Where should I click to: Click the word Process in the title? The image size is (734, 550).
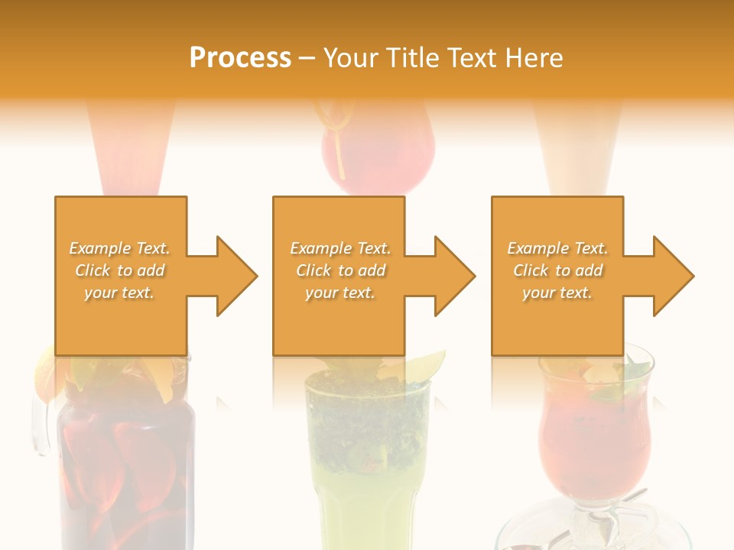[x=240, y=58]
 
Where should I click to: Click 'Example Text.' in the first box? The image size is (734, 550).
[x=119, y=248]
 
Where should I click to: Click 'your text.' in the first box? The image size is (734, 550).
[x=119, y=293]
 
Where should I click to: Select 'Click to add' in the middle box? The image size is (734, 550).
[x=340, y=270]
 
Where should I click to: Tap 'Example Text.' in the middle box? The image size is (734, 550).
[x=340, y=248]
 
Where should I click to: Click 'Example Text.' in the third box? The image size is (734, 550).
[x=557, y=248]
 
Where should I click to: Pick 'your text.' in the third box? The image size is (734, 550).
[x=557, y=293]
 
